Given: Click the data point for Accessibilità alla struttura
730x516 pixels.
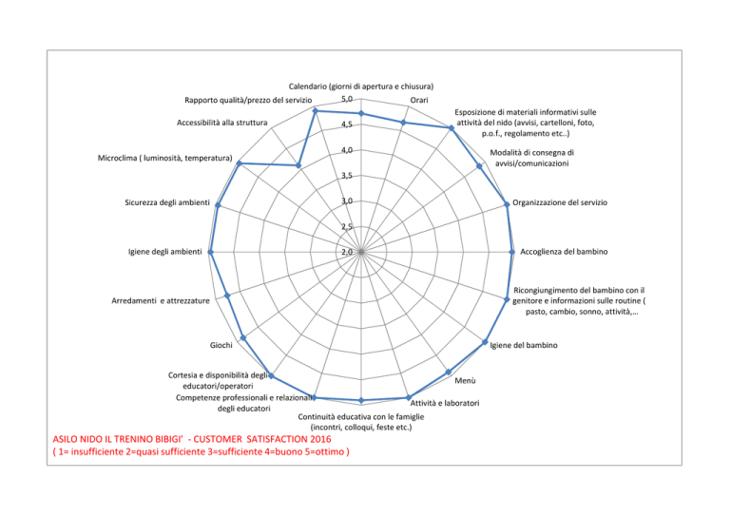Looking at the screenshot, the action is point(298,165).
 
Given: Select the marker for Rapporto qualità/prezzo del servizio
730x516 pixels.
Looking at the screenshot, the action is point(316,111).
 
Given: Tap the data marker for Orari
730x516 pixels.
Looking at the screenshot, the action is point(404,123).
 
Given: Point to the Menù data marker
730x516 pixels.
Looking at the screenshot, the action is point(449,372).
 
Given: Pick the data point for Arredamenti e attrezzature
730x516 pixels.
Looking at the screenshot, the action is point(227,296).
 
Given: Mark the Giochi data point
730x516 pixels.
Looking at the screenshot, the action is point(242,337).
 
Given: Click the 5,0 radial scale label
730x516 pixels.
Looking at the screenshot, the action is point(347,99).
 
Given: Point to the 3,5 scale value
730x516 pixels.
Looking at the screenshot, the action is point(347,176).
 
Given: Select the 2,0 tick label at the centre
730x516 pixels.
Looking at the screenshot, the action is point(347,252).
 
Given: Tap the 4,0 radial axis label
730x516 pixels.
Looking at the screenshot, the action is point(347,150).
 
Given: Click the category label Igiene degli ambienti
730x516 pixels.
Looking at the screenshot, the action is point(165,252).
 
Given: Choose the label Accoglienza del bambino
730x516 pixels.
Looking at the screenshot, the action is point(564,252).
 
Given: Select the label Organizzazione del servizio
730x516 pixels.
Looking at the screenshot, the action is point(560,202).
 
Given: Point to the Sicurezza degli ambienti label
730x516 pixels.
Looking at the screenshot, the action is point(167,202).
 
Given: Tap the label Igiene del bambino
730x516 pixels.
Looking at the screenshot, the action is point(524,345).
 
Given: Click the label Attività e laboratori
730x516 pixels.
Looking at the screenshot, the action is point(445,403).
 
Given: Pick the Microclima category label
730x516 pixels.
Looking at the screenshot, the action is point(164,158).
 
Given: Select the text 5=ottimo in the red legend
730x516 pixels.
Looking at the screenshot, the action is point(324,451).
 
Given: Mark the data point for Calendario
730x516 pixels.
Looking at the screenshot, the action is point(361,113).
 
